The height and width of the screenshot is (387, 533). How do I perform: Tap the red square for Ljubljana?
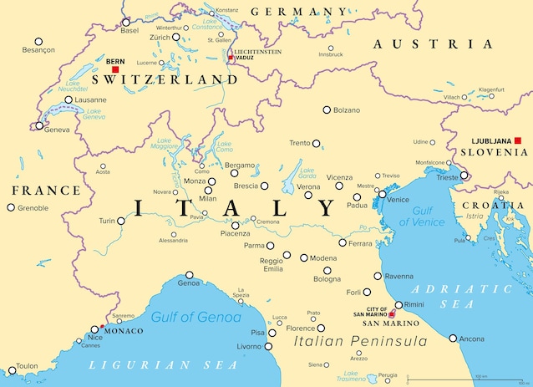pyautogui.click(x=518, y=140)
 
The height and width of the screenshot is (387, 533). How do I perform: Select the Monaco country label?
pyautogui.click(x=124, y=331)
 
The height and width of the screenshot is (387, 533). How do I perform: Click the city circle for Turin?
pyautogui.click(x=121, y=222)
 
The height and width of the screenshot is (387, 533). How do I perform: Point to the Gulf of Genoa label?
pyautogui.click(x=196, y=317)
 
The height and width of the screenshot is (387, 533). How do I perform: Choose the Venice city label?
pyautogui.click(x=398, y=199)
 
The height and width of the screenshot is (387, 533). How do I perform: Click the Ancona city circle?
pyautogui.click(x=453, y=339)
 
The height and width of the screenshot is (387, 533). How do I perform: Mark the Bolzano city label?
pyautogui.click(x=347, y=110)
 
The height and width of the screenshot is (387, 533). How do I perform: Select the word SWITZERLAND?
pyautogui.click(x=165, y=79)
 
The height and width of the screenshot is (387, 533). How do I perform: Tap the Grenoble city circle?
pyautogui.click(x=11, y=208)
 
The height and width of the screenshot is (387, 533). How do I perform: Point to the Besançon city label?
pyautogui.click(x=38, y=51)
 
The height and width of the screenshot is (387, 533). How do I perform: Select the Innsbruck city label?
pyautogui.click(x=331, y=54)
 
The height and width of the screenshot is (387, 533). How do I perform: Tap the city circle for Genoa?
pyautogui.click(x=190, y=274)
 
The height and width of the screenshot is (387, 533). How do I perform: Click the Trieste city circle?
pyautogui.click(x=464, y=176)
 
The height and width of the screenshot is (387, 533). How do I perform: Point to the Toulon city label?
pyautogui.click(x=27, y=366)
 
